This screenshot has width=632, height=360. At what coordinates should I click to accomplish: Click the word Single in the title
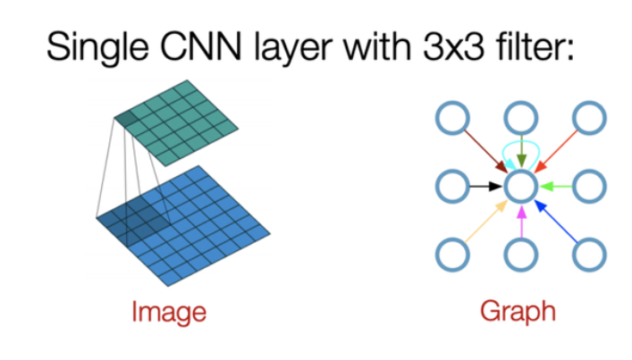pyautogui.click(x=97, y=47)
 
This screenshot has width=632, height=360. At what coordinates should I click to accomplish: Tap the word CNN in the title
pyautogui.click(x=201, y=46)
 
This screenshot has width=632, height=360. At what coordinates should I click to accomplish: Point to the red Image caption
pyautogui.click(x=169, y=312)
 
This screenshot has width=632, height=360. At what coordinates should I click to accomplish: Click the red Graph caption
pyautogui.click(x=518, y=311)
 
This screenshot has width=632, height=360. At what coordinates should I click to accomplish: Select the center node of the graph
pyautogui.click(x=521, y=187)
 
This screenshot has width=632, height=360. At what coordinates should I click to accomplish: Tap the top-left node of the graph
pyautogui.click(x=452, y=118)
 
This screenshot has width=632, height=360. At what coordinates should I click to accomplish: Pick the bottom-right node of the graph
pyautogui.click(x=590, y=255)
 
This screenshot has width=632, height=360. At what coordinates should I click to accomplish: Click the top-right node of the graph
pyautogui.click(x=590, y=118)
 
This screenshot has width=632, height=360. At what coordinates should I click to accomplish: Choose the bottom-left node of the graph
pyautogui.click(x=452, y=255)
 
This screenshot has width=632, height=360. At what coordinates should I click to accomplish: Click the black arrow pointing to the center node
pyautogui.click(x=486, y=187)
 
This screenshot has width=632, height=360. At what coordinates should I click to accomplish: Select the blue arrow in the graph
pyautogui.click(x=556, y=222)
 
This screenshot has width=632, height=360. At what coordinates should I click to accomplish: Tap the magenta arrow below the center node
pyautogui.click(x=521, y=222)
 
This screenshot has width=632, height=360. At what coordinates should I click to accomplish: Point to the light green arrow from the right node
pyautogui.click(x=556, y=187)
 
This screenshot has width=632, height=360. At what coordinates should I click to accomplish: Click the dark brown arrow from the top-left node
pyautogui.click(x=486, y=151)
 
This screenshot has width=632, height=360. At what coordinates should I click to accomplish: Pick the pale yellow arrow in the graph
pyautogui.click(x=486, y=222)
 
